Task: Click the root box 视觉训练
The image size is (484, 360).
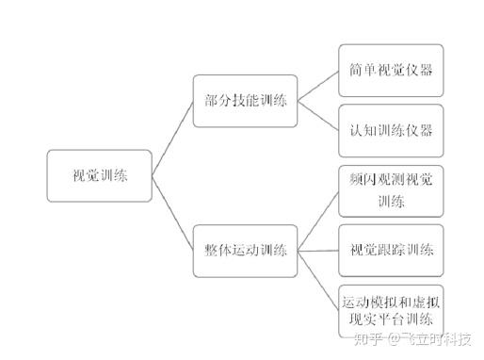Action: pos(99,175)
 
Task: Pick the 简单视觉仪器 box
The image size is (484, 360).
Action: pos(378,70)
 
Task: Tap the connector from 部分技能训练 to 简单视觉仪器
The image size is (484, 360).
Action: pos(318,83)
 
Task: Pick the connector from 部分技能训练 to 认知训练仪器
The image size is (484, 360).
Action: pos(318,117)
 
